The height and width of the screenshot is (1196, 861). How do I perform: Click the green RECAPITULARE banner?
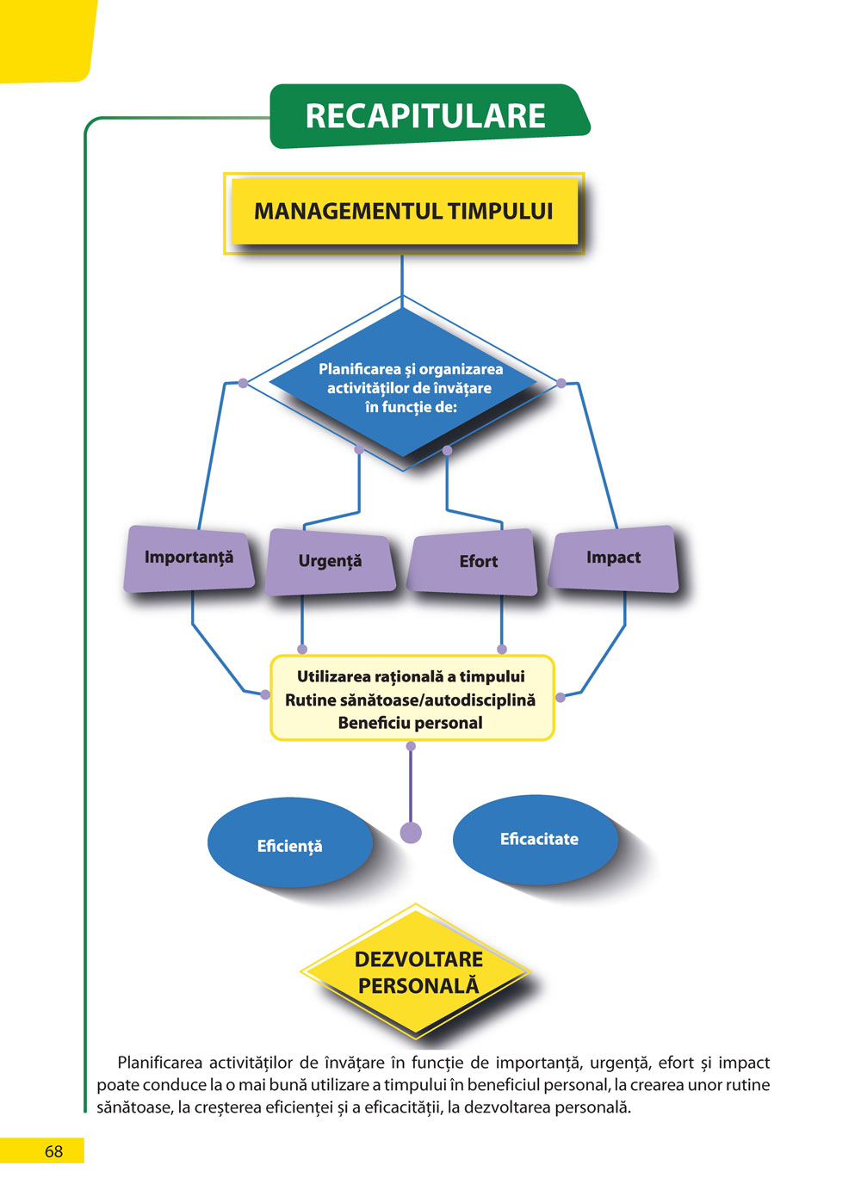tap(426, 116)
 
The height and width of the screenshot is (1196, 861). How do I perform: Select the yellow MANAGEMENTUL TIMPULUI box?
tap(403, 212)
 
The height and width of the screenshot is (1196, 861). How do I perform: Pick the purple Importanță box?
tap(189, 559)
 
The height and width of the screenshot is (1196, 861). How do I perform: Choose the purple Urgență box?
tap(331, 562)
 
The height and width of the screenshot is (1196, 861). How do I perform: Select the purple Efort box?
tap(476, 562)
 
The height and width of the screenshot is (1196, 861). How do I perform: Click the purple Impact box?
tap(614, 558)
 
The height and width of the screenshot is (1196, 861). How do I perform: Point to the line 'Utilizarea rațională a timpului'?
tap(411, 677)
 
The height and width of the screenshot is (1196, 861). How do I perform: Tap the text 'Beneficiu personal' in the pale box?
tap(411, 724)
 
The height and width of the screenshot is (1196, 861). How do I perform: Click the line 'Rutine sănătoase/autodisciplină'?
tap(411, 700)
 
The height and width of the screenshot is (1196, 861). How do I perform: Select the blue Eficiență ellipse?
tap(290, 845)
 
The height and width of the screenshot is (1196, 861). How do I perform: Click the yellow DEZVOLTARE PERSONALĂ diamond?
tap(418, 972)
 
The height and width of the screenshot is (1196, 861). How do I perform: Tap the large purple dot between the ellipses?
tap(412, 832)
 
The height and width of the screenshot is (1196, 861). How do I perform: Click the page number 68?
tap(53, 1151)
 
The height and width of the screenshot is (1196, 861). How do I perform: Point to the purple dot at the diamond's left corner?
tap(243, 383)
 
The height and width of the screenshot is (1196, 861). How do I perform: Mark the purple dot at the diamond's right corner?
tap(561, 383)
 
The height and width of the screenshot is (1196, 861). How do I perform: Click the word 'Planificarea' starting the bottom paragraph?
tap(159, 1063)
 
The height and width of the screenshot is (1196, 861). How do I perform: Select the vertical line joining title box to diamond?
tap(402, 275)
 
